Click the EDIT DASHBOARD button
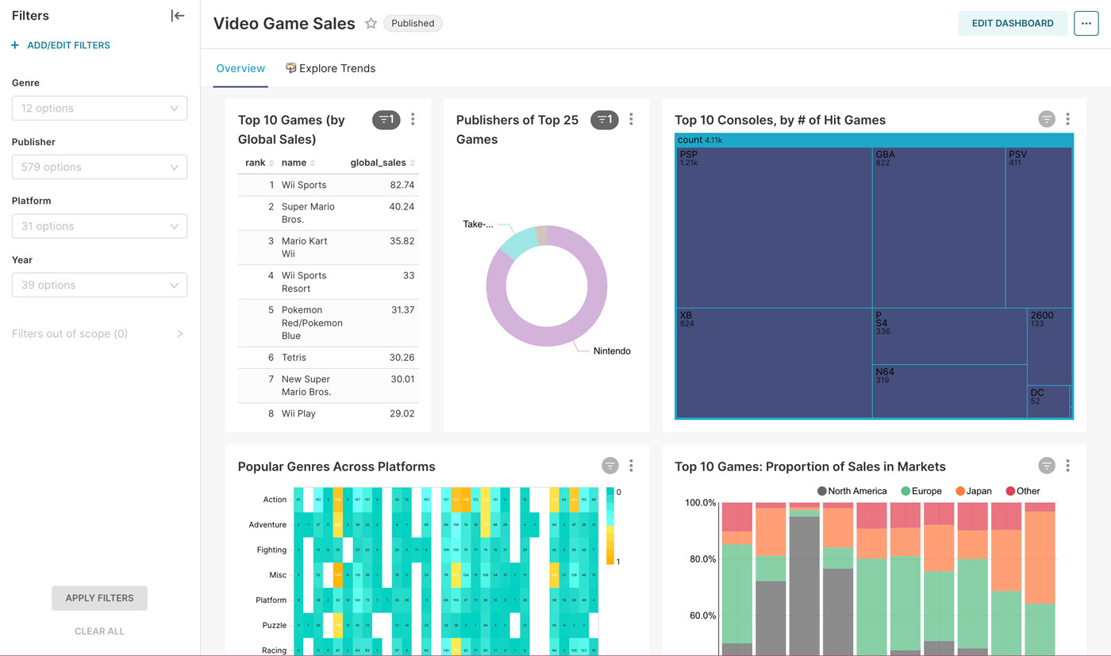click(1012, 24)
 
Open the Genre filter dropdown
click(99, 109)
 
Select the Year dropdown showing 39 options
click(99, 285)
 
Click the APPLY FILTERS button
click(99, 598)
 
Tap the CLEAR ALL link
click(99, 631)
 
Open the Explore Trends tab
click(331, 69)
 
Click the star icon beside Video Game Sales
click(371, 24)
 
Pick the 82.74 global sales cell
click(402, 185)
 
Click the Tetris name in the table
click(294, 358)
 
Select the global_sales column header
click(379, 163)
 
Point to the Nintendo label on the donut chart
click(612, 351)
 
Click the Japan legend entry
click(974, 491)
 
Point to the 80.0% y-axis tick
click(701, 559)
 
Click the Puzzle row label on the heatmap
click(274, 625)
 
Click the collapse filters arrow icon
click(177, 16)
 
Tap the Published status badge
click(413, 24)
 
